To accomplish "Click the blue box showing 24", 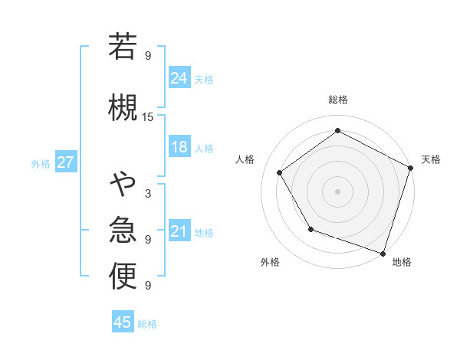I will [x=179, y=77].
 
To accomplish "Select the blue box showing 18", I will [x=179, y=147].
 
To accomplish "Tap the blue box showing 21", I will [x=179, y=231].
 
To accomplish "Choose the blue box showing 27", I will [x=66, y=162].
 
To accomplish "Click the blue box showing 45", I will [x=123, y=322].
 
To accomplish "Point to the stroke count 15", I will [x=148, y=117].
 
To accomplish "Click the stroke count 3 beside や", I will [x=148, y=194].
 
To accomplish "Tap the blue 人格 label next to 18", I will [x=205, y=149].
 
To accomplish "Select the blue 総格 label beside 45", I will [x=148, y=324].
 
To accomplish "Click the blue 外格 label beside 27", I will [x=41, y=164].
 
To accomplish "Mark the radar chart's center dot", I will [x=337, y=191].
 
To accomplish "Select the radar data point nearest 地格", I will [x=383, y=253].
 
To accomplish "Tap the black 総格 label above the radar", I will [x=337, y=100].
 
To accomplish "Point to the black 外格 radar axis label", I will [x=270, y=262].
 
